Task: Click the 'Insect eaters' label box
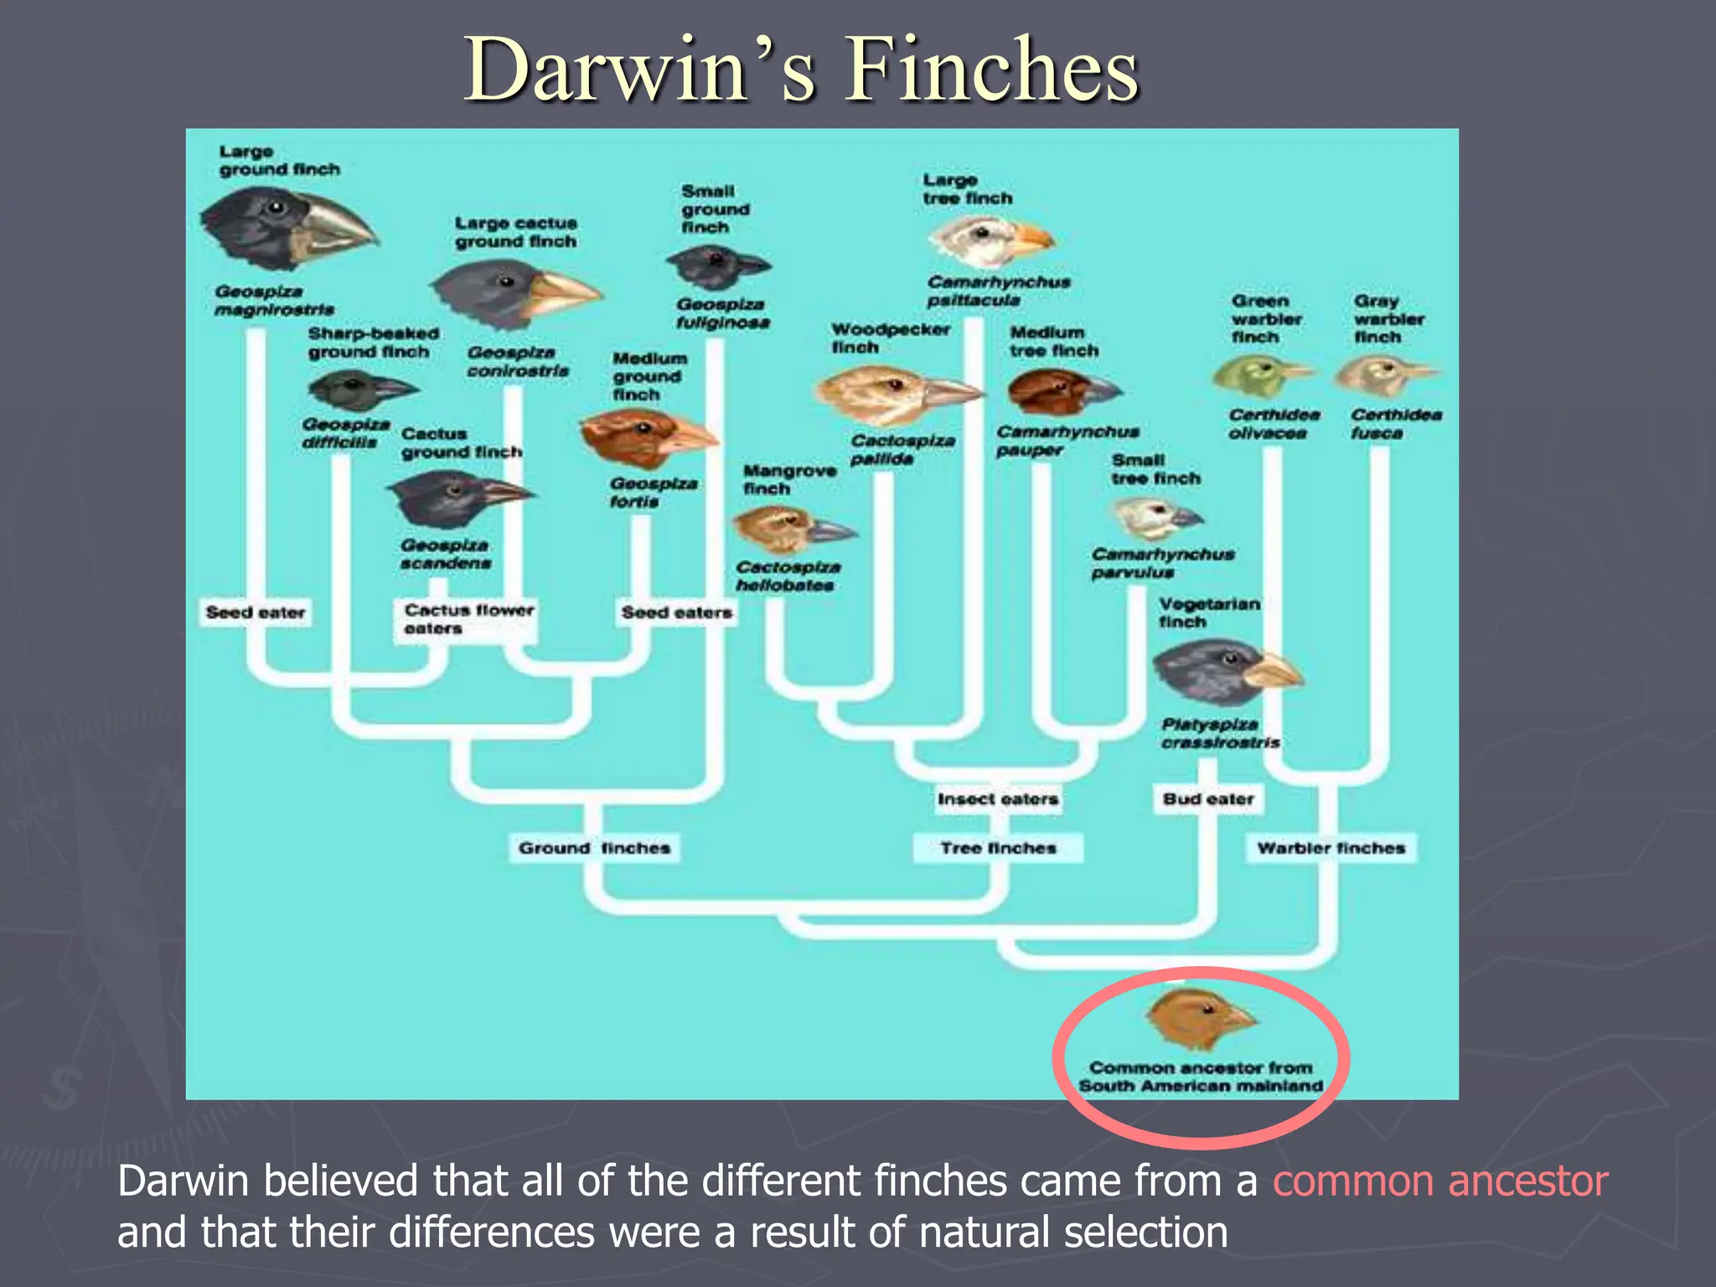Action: [997, 799]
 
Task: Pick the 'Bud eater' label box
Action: [1207, 799]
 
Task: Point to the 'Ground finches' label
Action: [594, 848]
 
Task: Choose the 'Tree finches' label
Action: [998, 848]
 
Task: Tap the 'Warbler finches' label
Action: [1331, 848]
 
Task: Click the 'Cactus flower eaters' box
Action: [467, 619]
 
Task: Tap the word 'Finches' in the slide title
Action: [991, 70]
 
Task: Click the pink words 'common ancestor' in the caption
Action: [1439, 1181]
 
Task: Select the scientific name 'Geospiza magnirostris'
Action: [273, 301]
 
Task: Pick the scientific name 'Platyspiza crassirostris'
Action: [1219, 733]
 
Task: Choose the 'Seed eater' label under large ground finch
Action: [256, 612]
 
